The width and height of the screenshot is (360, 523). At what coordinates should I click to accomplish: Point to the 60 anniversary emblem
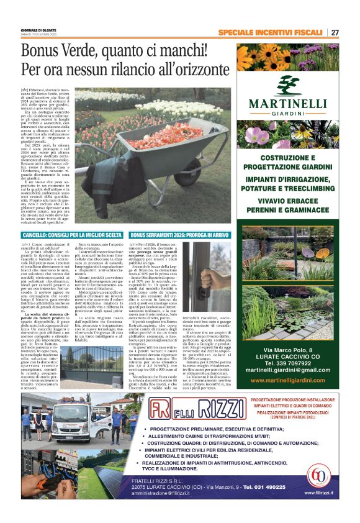pos(319,477)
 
